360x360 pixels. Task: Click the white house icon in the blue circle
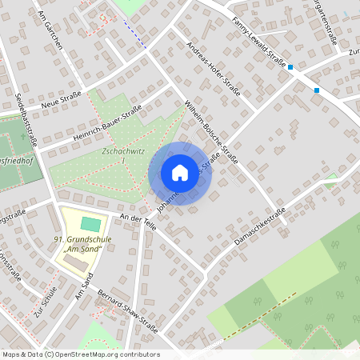pos(179,173)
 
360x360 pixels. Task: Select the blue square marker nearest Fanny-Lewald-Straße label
pos(290,67)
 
